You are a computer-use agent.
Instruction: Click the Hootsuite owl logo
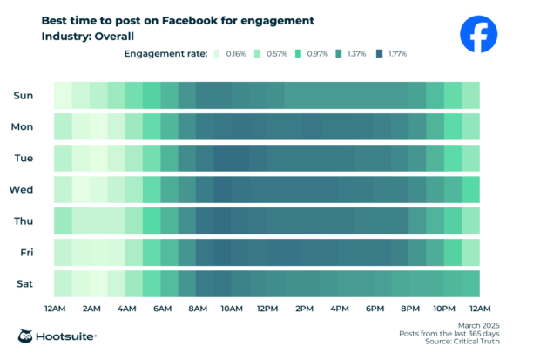[26, 336]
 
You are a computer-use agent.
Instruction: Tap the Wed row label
[22, 189]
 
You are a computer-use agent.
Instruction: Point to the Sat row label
[24, 283]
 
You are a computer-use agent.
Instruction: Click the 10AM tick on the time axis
[232, 309]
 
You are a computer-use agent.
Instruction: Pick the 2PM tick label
[304, 309]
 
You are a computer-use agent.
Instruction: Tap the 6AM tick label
[161, 309]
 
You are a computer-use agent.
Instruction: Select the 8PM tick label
[410, 309]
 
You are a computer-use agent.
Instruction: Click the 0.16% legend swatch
[216, 54]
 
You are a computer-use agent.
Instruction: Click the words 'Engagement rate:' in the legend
[164, 54]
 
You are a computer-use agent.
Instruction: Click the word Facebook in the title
[179, 20]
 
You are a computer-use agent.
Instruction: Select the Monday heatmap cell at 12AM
[63, 126]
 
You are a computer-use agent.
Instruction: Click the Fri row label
[24, 252]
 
